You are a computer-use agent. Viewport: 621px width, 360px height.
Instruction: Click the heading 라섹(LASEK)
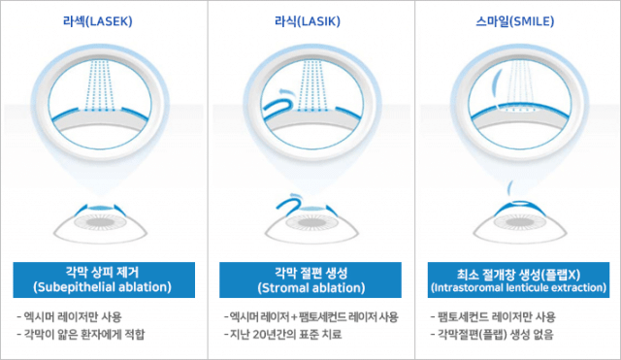(x=98, y=21)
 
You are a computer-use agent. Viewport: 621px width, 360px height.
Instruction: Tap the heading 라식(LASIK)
(x=308, y=21)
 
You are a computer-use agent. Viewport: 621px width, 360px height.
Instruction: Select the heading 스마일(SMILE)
(x=515, y=21)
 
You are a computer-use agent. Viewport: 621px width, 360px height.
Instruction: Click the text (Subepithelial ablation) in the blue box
(x=103, y=287)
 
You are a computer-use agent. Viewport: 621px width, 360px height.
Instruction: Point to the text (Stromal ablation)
(x=311, y=287)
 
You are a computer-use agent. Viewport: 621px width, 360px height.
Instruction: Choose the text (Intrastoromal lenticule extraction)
(x=519, y=287)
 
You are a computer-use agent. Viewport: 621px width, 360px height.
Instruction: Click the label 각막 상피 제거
(x=102, y=273)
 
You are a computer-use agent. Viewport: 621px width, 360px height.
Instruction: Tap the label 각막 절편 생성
(x=311, y=273)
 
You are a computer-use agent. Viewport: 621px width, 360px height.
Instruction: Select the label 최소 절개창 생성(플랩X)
(x=519, y=274)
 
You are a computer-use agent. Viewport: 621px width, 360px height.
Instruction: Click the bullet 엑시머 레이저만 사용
(x=69, y=317)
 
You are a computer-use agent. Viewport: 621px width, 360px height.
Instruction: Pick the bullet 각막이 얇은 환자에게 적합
(x=81, y=334)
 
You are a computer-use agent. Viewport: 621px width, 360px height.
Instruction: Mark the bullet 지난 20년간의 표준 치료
(x=282, y=334)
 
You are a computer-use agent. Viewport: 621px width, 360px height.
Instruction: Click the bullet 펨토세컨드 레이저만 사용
(x=493, y=317)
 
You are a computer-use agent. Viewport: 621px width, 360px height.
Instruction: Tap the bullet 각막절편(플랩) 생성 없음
(x=492, y=334)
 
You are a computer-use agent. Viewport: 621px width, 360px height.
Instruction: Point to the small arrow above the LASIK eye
(x=295, y=195)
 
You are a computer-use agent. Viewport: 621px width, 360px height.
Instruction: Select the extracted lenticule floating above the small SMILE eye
(x=510, y=186)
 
